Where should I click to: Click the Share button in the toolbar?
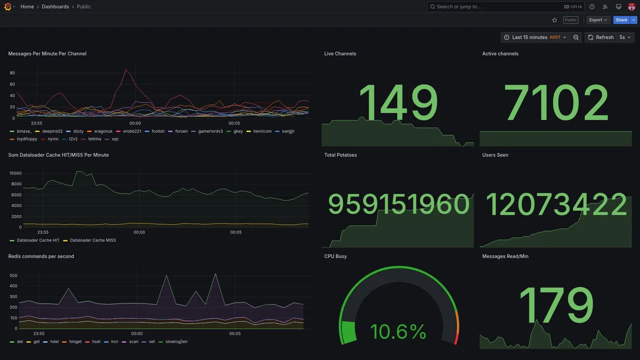(621, 20)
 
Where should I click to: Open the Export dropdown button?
(598, 20)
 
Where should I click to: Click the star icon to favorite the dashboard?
(554, 20)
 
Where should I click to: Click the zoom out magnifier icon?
(576, 37)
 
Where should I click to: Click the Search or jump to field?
(495, 6)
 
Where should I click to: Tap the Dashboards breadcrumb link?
(55, 6)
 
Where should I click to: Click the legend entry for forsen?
(181, 131)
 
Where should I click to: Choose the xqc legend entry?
(115, 139)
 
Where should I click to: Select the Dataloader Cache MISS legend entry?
(92, 240)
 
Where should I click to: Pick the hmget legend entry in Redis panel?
(75, 342)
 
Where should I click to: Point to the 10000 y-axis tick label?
(15, 173)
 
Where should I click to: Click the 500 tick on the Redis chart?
(13, 275)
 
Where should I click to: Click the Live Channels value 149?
(398, 103)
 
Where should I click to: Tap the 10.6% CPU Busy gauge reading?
(398, 331)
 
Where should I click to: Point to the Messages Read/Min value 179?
(556, 305)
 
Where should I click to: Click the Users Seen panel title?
(495, 155)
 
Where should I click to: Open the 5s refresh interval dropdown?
(625, 37)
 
